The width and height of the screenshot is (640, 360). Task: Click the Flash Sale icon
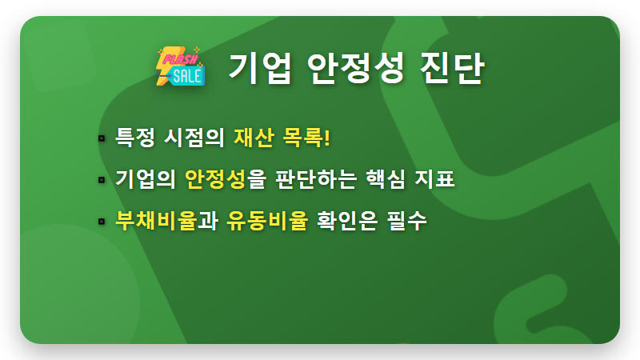coord(180,65)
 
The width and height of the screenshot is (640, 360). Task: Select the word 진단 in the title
coord(454,68)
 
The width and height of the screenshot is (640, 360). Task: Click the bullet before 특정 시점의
coord(102,138)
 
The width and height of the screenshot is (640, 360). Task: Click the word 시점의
coord(194,138)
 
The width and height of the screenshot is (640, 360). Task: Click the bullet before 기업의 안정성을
coord(102,179)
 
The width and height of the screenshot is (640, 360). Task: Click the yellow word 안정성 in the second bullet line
coord(214,179)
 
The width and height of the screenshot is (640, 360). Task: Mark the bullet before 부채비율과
coord(102,220)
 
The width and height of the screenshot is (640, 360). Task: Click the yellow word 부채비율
coord(156,220)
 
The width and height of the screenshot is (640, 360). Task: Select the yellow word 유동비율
coord(266,220)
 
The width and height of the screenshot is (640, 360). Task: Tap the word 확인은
coord(350,220)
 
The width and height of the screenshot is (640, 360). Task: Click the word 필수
coord(407,220)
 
